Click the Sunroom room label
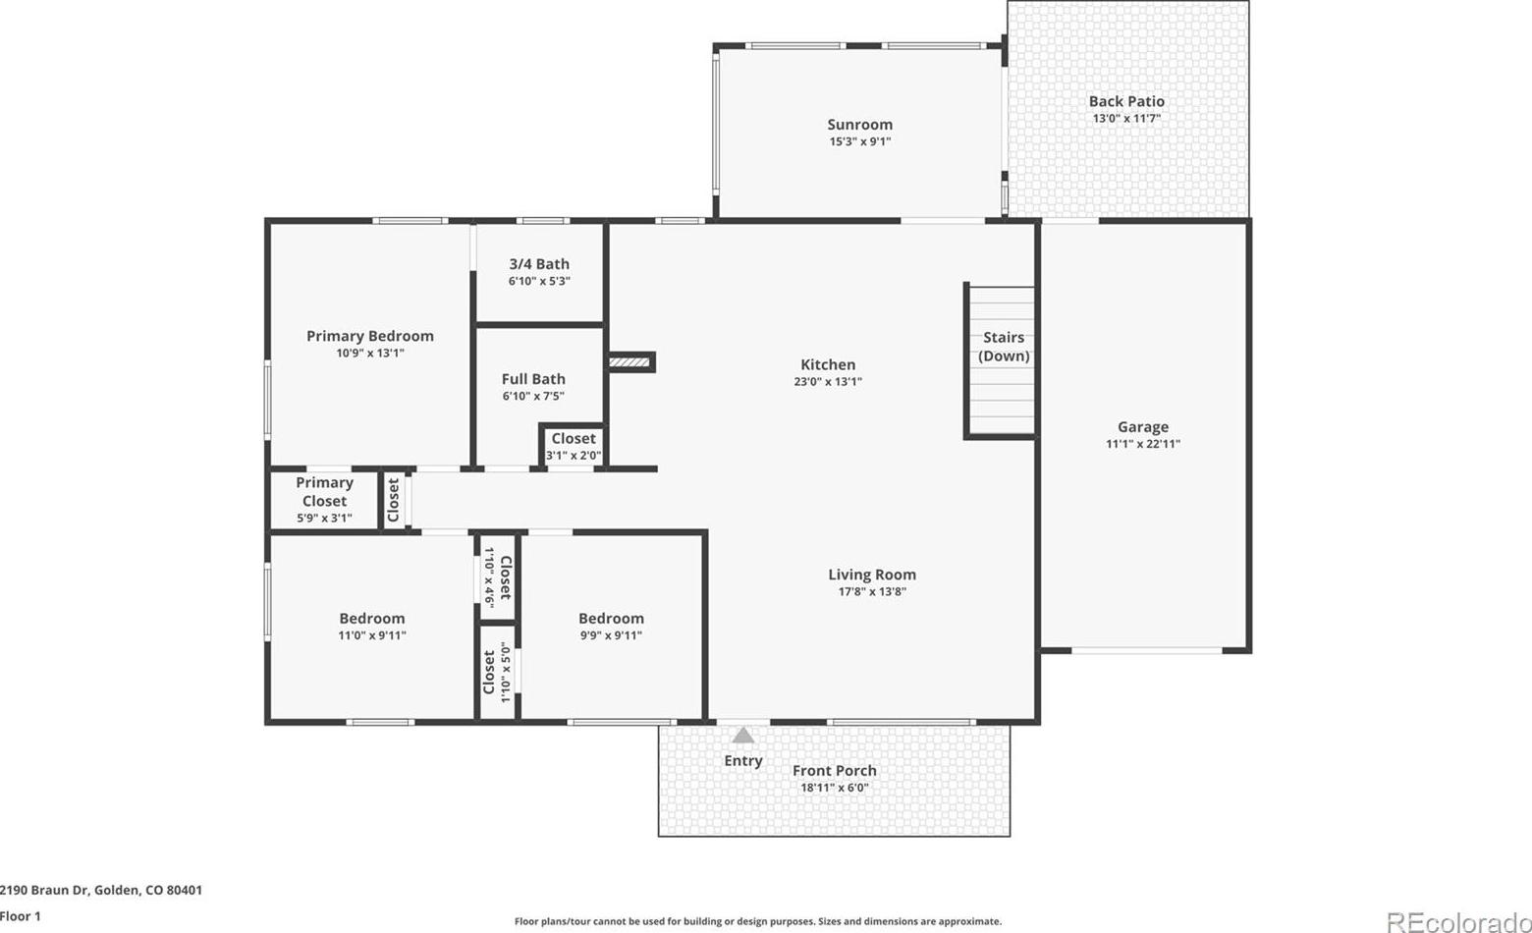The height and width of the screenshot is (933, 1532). coord(859,125)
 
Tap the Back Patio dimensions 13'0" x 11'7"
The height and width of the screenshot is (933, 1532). coord(1126,118)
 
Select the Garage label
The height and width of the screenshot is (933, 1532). coord(1143,427)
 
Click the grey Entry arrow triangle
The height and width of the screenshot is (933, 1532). coord(743,736)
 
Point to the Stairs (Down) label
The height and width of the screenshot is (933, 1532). coord(1004,346)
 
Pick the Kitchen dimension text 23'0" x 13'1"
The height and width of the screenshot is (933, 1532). coord(828,382)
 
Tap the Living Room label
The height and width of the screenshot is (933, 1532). coord(872,575)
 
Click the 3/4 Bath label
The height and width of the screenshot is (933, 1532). coord(539,264)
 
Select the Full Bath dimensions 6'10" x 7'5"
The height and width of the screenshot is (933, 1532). coord(533,396)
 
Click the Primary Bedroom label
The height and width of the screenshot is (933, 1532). coord(370,337)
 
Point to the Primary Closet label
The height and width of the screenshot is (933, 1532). coord(324,492)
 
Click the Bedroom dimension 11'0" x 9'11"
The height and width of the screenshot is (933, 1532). coord(372,635)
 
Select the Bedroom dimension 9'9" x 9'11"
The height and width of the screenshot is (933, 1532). coord(611,635)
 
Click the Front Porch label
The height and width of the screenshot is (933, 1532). coord(835,771)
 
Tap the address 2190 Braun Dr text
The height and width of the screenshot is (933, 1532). coord(44,890)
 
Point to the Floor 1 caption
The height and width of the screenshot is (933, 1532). coord(21,916)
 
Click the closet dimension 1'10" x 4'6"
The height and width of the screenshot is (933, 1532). coord(489,576)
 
